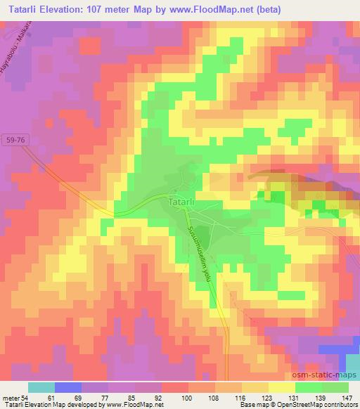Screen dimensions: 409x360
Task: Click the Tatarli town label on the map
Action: [186, 202]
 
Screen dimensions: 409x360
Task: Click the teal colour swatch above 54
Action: [41, 387]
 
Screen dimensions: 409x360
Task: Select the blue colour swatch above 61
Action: [67, 387]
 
